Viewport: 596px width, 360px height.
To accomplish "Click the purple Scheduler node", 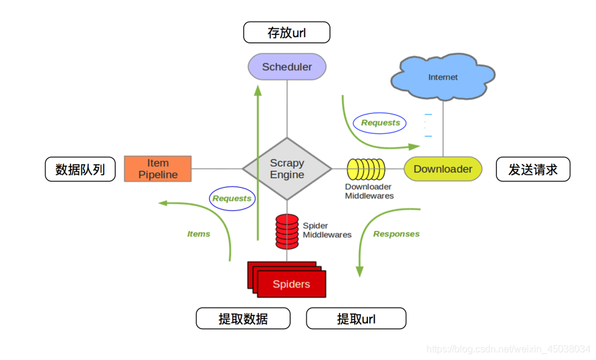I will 287,67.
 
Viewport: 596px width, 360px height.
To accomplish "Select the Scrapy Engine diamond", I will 287,169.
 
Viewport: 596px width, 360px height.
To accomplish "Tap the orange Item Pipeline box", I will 158,169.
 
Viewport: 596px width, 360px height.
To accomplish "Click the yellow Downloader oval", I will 443,169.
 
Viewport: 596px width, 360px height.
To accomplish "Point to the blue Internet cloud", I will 443,77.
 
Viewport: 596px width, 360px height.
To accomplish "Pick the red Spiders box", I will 291,284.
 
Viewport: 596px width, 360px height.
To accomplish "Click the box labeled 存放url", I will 287,33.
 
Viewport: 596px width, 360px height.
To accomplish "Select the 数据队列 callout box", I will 80,169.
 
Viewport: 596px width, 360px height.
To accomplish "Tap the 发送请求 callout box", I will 533,169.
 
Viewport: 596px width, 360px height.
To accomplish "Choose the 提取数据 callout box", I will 243,318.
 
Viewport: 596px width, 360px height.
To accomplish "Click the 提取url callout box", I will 356,318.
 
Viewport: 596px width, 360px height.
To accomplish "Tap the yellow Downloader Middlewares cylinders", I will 366,169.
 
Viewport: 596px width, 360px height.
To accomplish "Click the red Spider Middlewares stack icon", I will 287,231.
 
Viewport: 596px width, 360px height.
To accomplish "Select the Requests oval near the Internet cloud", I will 380,122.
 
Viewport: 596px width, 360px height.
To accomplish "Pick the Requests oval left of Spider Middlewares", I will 232,198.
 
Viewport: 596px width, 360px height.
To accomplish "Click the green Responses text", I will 396,234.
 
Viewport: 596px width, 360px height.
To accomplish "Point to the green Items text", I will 198,234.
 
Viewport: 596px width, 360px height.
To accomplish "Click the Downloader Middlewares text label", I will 369,191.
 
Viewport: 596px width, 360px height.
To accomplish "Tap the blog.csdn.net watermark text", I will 508,349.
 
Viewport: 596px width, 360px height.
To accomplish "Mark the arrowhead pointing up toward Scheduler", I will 258,90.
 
